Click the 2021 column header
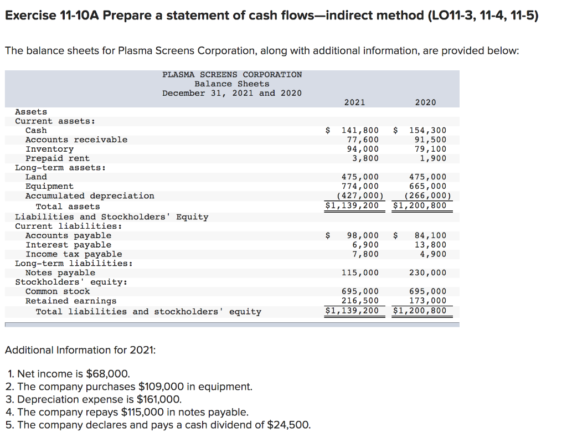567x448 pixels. [354, 102]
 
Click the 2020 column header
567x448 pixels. [425, 102]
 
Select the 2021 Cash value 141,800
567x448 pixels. [360, 131]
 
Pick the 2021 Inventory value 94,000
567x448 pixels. [363, 149]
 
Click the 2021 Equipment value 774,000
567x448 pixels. [360, 187]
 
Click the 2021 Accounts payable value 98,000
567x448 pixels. [363, 236]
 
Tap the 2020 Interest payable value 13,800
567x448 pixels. [430, 245]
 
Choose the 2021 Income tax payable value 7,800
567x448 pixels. [365, 254]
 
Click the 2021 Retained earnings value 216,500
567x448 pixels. [360, 301]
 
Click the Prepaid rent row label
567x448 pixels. [58, 158]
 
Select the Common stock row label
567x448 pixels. [58, 291]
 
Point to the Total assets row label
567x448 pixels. [68, 207]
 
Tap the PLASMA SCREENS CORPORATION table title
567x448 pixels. [232, 75]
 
